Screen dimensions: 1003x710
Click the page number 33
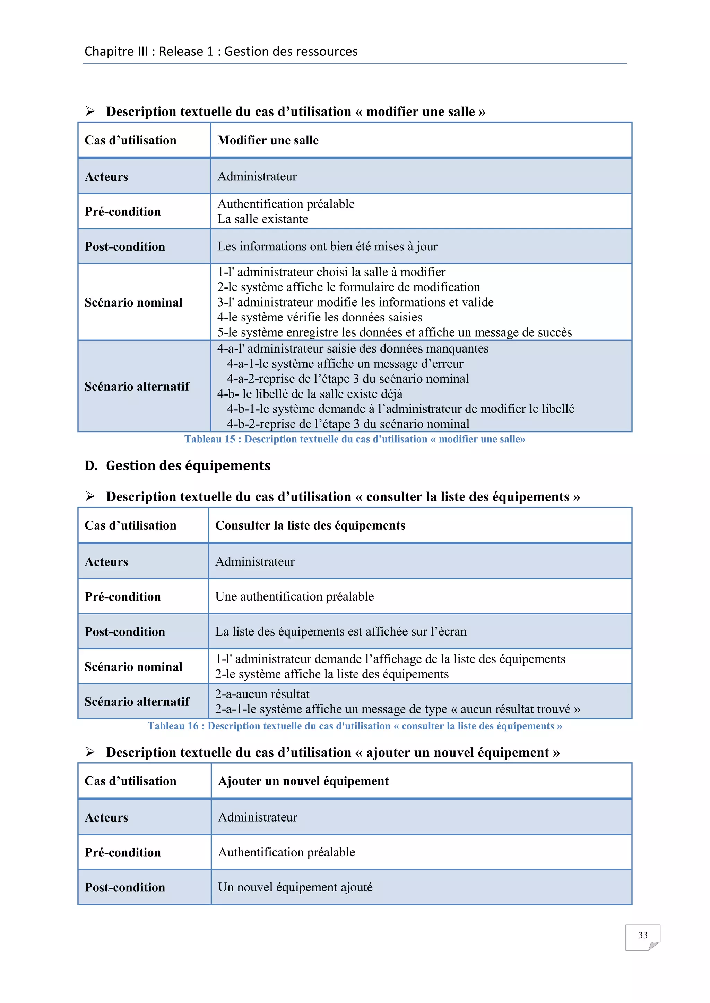click(x=642, y=935)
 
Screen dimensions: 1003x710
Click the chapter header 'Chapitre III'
click(x=116, y=52)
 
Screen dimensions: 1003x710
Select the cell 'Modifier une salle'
click(x=268, y=140)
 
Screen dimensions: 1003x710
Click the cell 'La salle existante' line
click(x=263, y=219)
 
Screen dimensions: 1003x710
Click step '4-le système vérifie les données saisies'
click(x=320, y=317)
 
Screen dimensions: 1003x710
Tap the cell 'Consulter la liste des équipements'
click(x=310, y=525)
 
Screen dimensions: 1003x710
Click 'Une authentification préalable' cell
click(x=294, y=596)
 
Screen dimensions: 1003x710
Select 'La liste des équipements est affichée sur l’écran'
click(x=340, y=631)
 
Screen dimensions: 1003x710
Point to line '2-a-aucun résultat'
click(x=262, y=694)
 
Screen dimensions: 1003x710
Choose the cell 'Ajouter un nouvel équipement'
click(x=303, y=781)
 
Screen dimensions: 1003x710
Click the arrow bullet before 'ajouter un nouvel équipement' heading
click(x=90, y=752)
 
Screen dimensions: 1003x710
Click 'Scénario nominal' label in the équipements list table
click(x=133, y=667)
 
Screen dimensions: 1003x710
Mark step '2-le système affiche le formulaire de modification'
click(x=348, y=287)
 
